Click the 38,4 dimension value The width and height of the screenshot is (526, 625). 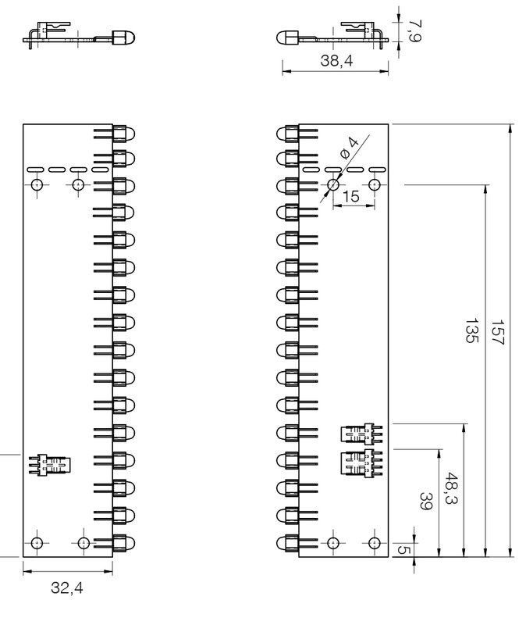(336, 61)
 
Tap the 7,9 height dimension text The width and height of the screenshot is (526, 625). (415, 30)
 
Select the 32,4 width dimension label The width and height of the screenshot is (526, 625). (67, 588)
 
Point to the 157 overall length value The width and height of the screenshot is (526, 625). (498, 331)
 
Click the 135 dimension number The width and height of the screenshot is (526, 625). (471, 330)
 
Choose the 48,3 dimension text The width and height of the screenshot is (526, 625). (450, 489)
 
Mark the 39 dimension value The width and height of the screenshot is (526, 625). (426, 501)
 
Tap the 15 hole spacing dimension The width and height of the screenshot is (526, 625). (351, 197)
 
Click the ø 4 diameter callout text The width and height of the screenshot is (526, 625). (349, 148)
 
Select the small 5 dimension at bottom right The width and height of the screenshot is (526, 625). (403, 550)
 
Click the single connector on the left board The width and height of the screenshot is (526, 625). (50, 465)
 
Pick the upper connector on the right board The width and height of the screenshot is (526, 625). (361, 434)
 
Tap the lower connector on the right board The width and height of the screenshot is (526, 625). (361, 463)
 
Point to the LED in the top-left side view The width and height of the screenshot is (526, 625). (123, 37)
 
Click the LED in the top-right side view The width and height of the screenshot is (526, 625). (287, 37)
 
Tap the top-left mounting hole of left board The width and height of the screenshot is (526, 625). (37, 185)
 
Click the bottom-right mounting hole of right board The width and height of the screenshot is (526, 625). (375, 543)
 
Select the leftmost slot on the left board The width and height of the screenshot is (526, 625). (35, 170)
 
